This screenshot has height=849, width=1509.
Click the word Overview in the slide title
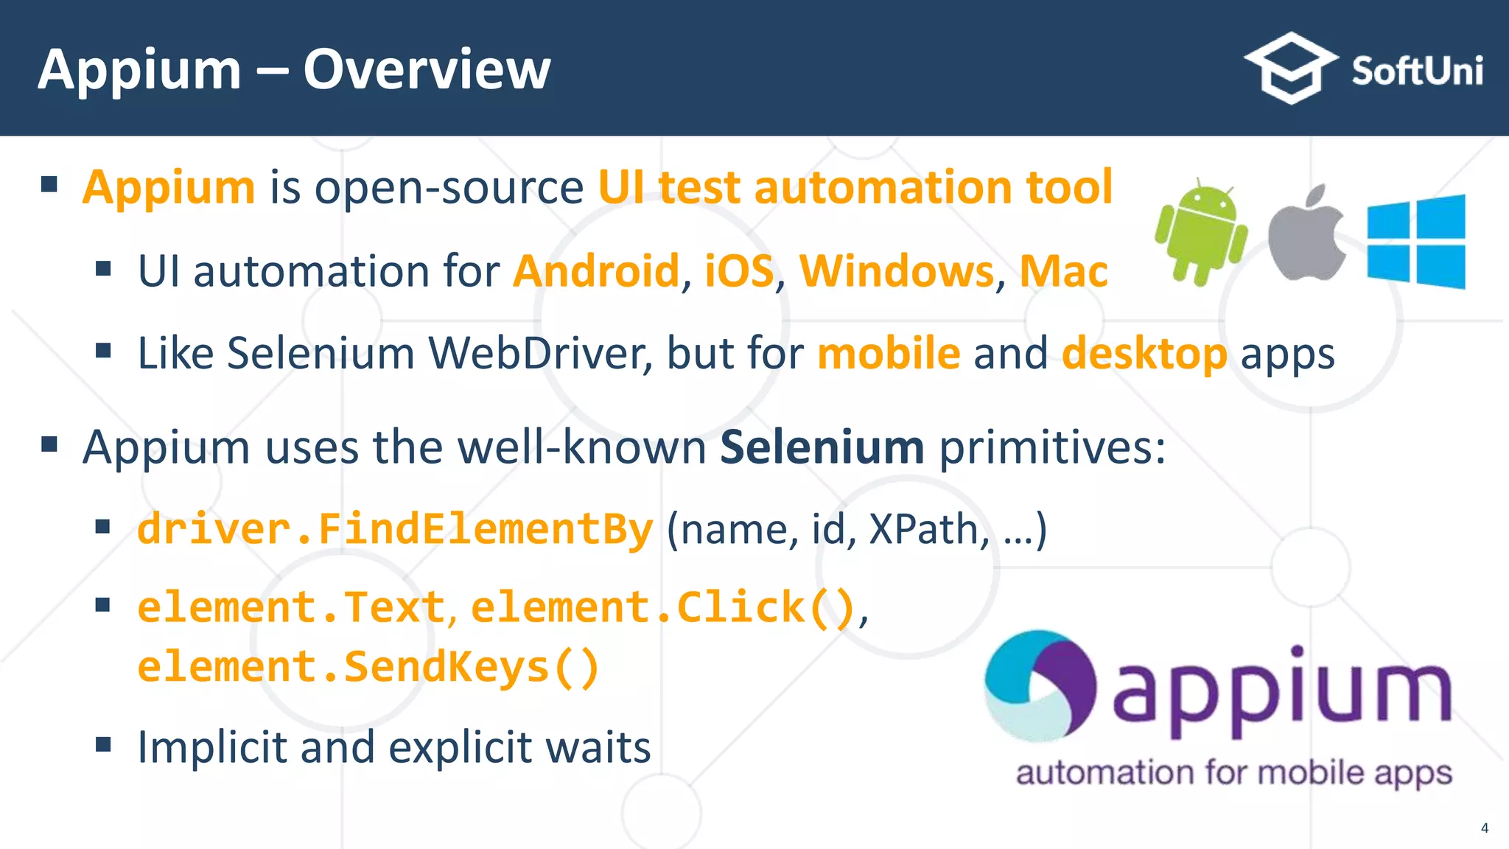point(427,70)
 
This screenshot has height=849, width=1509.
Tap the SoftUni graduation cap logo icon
point(1291,68)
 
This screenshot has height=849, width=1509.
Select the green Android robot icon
point(1201,232)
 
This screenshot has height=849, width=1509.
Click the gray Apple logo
point(1307,234)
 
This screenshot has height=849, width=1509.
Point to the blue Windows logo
point(1415,242)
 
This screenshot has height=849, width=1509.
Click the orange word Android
point(595,271)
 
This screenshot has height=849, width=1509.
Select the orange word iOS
point(739,271)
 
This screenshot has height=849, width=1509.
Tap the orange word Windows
point(897,271)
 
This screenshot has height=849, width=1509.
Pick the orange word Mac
point(1063,271)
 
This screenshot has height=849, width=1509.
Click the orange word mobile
point(889,353)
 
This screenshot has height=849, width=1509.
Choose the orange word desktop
point(1144,354)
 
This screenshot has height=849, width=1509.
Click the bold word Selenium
point(822,447)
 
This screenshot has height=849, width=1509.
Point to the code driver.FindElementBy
point(395,529)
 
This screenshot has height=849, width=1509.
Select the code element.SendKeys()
point(368,666)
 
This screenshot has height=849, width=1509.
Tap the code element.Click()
point(662,607)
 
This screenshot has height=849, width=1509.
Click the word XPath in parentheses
point(924,529)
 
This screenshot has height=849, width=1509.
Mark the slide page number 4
point(1485,828)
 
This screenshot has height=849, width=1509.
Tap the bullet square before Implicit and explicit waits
point(103,744)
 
